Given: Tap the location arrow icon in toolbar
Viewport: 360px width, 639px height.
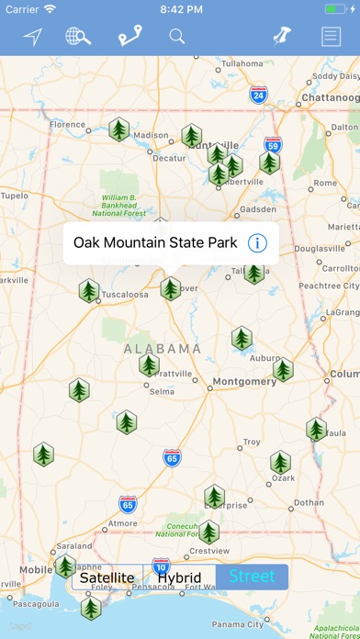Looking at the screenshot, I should [33, 37].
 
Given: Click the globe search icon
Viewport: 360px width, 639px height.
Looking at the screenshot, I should [78, 37].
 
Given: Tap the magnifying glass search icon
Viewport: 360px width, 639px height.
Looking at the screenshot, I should [177, 37].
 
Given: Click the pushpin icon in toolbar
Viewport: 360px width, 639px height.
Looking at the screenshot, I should [281, 37].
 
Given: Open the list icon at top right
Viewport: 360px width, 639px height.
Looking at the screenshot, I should [330, 37].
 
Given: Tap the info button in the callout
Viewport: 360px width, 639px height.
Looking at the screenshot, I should [258, 243].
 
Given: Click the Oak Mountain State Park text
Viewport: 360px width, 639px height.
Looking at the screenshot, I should [155, 243].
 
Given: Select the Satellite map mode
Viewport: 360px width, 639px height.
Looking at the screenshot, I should [107, 577].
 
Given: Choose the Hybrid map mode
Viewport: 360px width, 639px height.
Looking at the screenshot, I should [179, 577].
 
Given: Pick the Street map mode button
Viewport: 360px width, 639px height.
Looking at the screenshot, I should [252, 577].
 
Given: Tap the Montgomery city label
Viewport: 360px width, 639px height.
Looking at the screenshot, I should [244, 381].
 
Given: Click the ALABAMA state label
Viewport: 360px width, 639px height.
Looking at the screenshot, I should [163, 349].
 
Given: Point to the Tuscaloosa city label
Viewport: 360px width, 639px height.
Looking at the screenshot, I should [125, 295].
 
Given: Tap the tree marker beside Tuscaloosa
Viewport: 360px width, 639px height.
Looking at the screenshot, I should [89, 291].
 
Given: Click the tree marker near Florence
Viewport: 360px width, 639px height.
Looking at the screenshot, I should [118, 129].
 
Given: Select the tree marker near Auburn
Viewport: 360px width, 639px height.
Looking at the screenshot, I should [283, 370].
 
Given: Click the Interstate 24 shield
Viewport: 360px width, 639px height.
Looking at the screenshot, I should [258, 95].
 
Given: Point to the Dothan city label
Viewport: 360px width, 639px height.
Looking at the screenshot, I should [309, 502].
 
